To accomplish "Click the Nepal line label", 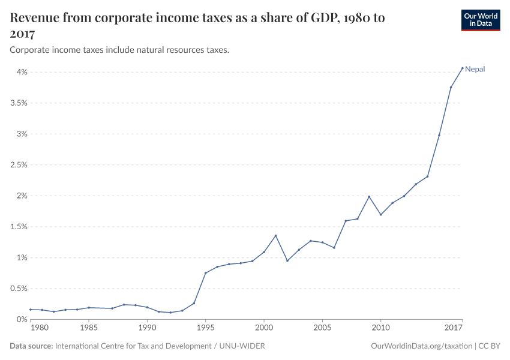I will (x=475, y=69).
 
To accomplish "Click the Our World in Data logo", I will (x=480, y=20).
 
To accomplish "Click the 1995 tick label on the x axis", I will (x=205, y=328).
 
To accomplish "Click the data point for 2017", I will (x=462, y=68).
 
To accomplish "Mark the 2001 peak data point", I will (x=275, y=235).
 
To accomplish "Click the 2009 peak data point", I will (x=369, y=197).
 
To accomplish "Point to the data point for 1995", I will (x=205, y=273).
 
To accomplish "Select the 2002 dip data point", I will (x=287, y=260).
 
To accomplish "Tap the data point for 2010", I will (x=380, y=215).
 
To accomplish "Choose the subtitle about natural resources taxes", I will (x=119, y=50).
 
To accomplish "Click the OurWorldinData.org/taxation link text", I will (x=422, y=346).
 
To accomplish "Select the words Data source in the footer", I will (x=31, y=346).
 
